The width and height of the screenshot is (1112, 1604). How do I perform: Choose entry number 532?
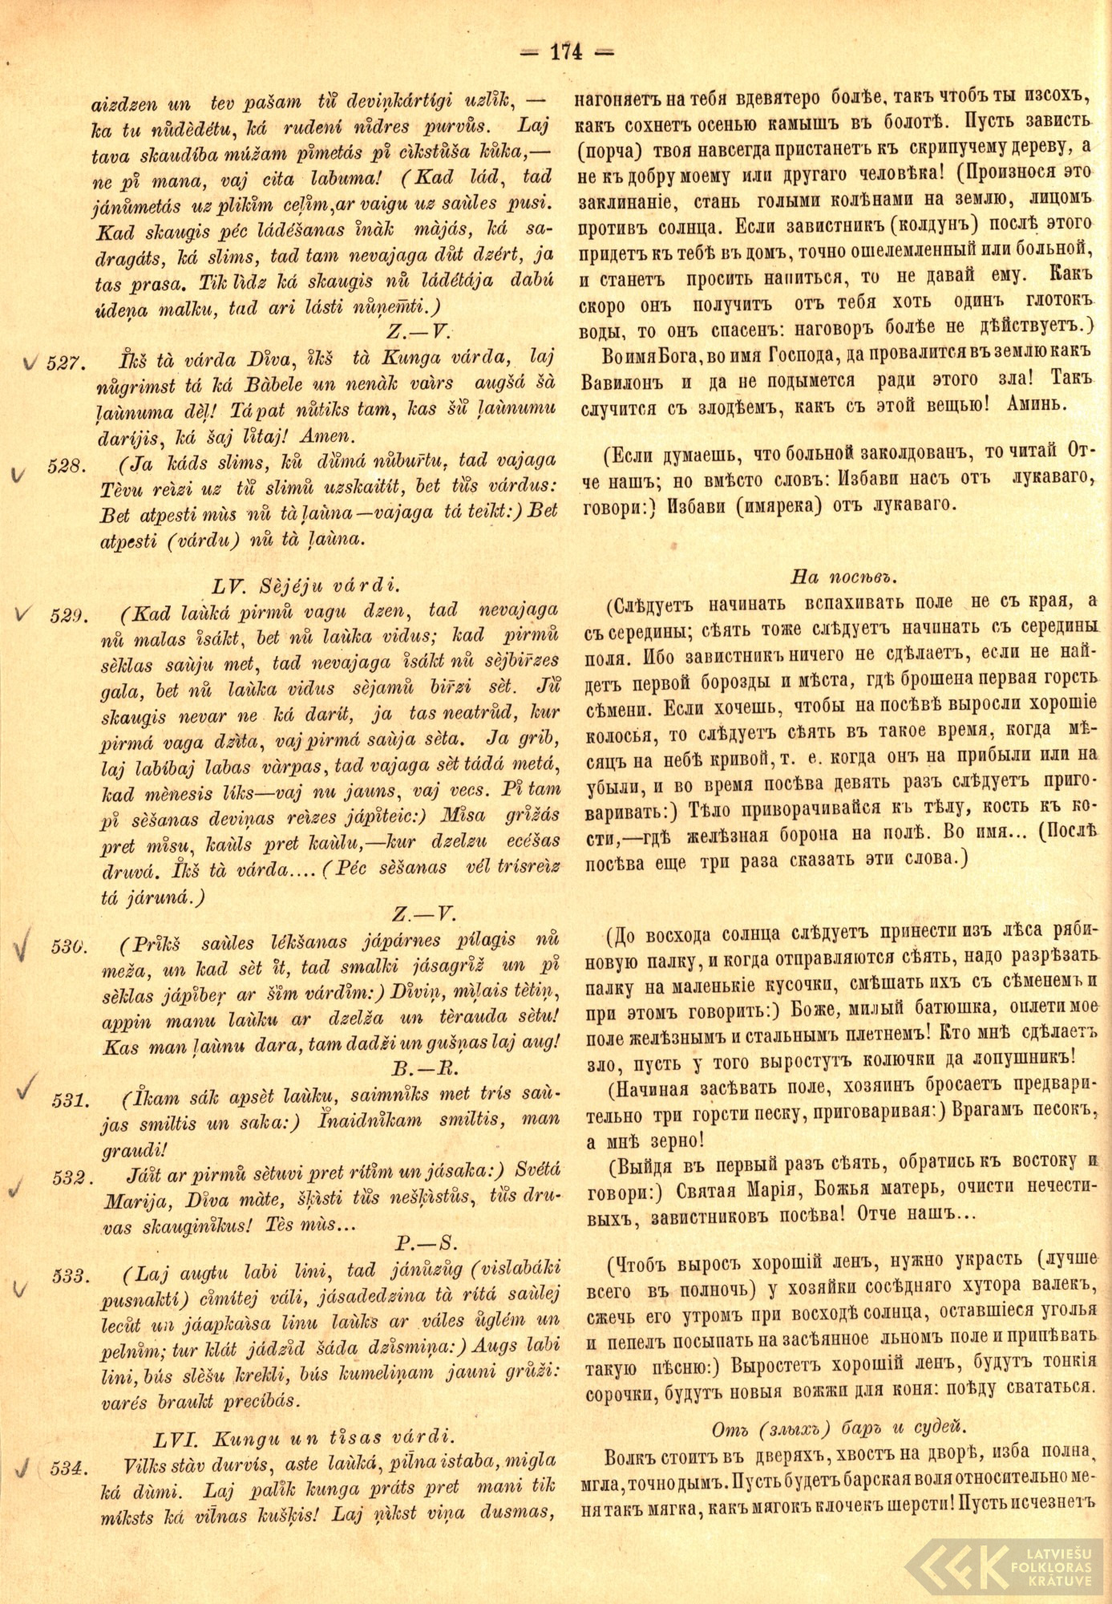click(69, 1177)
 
